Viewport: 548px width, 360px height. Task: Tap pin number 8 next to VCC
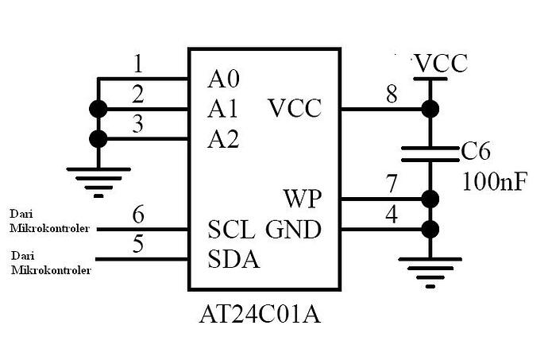click(392, 94)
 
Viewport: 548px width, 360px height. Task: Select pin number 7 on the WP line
click(392, 184)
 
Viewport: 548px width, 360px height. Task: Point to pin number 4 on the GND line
click(392, 215)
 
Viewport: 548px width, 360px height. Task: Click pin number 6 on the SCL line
click(138, 215)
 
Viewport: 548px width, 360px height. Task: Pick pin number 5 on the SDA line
click(138, 245)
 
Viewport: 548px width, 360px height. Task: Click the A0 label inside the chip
click(223, 79)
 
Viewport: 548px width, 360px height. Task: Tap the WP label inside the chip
click(303, 197)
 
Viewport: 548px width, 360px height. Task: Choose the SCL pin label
click(231, 230)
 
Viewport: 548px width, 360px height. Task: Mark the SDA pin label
click(233, 259)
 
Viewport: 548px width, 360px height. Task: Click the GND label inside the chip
click(294, 230)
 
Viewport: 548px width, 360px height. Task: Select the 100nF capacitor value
click(494, 182)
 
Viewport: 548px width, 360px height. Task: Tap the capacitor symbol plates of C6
click(430, 153)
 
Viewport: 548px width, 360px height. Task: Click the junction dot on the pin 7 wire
click(430, 199)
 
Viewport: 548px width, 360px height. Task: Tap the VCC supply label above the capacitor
click(440, 63)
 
